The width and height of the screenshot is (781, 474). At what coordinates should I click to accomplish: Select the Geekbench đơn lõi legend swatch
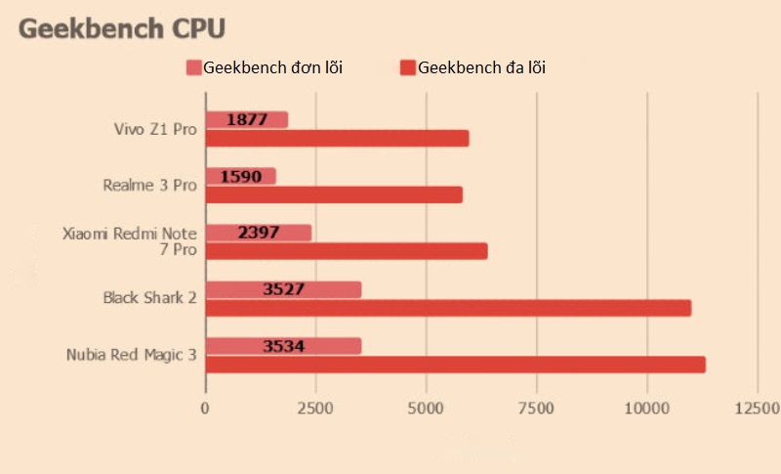[194, 67]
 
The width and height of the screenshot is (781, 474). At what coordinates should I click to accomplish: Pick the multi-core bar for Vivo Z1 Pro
[337, 139]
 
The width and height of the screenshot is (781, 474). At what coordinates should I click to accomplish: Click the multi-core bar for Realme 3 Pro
[334, 195]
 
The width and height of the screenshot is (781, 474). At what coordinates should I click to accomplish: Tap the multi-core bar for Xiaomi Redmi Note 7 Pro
[347, 251]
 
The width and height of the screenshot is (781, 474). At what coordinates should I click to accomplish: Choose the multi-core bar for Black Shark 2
[448, 308]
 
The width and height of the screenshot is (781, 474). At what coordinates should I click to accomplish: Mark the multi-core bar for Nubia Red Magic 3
[455, 365]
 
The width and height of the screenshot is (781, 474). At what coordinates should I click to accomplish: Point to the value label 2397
[259, 233]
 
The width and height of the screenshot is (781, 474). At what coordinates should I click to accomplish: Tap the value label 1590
[241, 176]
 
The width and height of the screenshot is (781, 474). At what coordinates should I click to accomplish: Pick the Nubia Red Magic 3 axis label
[132, 354]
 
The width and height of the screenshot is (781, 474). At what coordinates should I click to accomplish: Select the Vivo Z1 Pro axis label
[155, 128]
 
